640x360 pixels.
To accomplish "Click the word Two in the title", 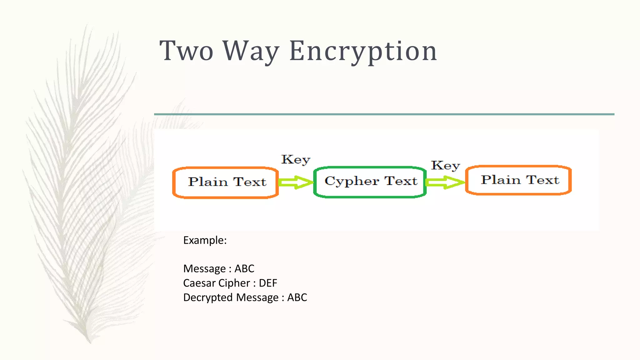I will pos(187,51).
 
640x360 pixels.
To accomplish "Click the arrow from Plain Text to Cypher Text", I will pos(295,182).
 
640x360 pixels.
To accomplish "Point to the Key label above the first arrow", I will pos(296,160).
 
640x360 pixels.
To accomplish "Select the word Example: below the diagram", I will pos(205,240).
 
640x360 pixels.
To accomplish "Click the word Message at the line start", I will pos(204,269).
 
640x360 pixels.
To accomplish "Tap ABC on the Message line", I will pos(244,269).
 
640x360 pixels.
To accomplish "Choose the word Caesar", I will pos(199,283).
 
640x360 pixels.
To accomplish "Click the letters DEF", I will pos(268,283).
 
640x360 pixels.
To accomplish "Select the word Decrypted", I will pos(208,297).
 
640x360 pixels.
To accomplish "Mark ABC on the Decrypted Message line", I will pos(297,297).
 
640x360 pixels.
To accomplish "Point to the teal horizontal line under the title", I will pos(384,114).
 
